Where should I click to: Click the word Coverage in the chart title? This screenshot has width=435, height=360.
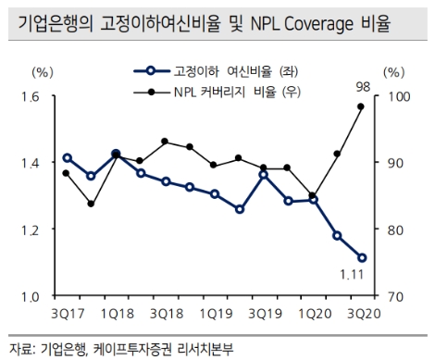(x=331, y=20)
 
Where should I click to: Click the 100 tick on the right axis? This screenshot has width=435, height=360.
(x=395, y=97)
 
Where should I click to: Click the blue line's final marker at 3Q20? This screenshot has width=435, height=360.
(x=362, y=258)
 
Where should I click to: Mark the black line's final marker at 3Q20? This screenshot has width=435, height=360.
(x=362, y=106)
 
